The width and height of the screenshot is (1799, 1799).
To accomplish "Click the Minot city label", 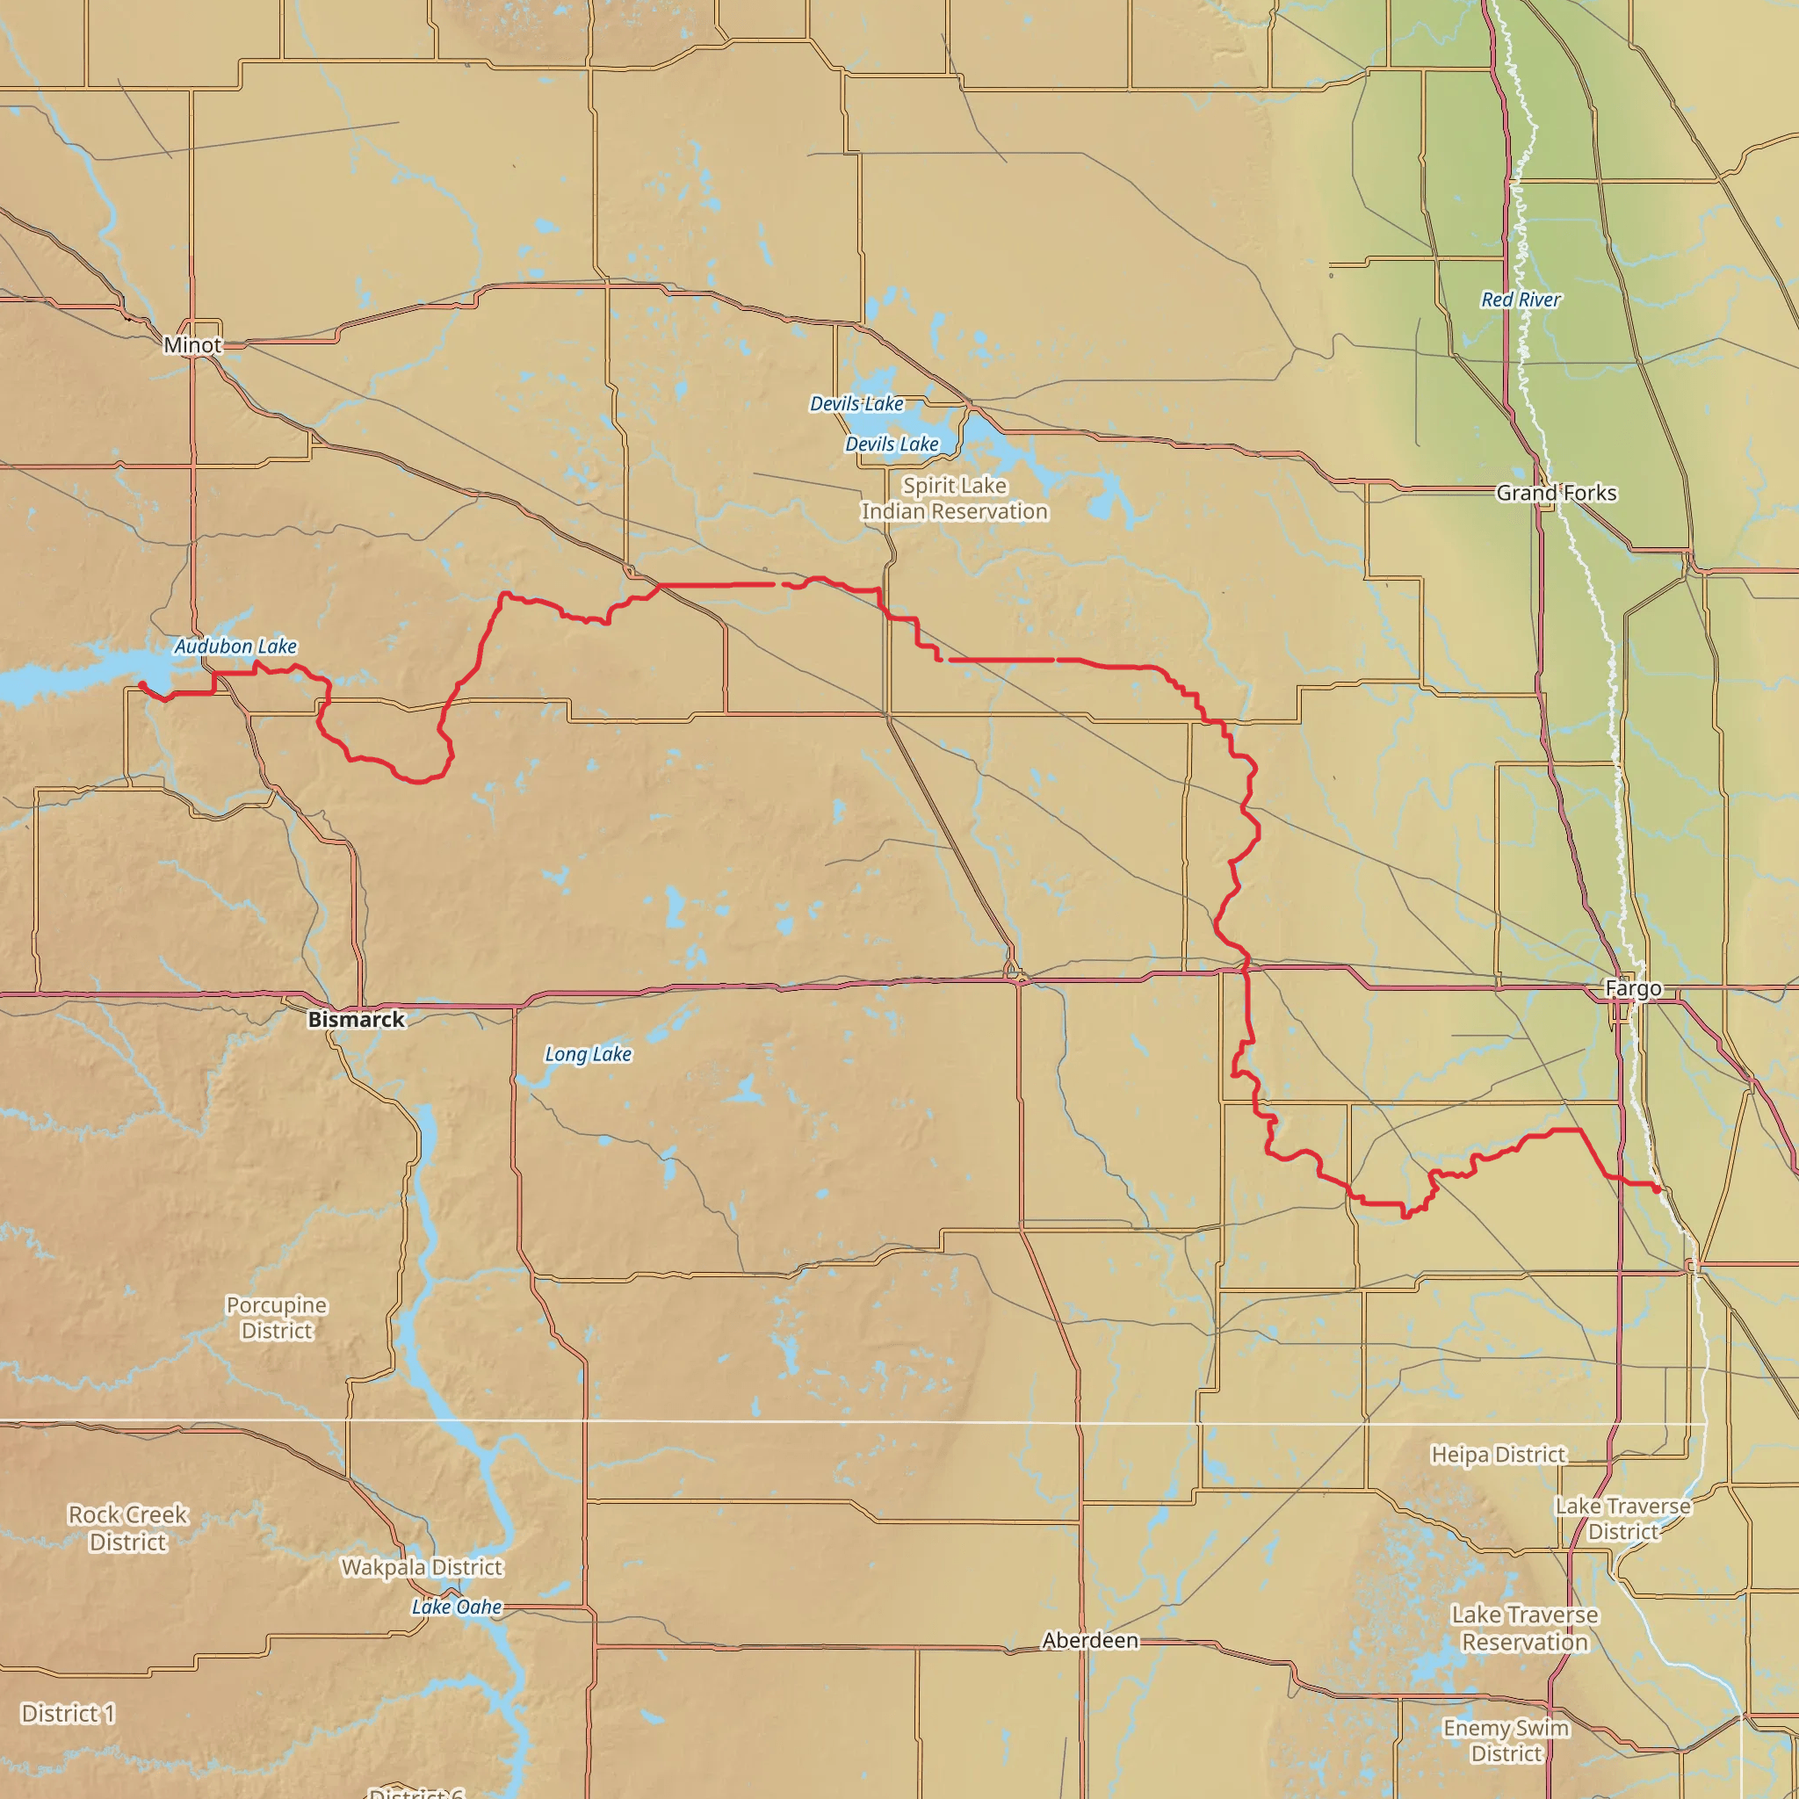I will pyautogui.click(x=192, y=344).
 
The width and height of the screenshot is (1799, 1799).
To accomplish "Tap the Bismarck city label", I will pyautogui.click(x=357, y=1020).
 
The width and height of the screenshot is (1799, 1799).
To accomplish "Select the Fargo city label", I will pyautogui.click(x=1633, y=988).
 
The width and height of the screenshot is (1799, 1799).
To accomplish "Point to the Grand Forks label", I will pyautogui.click(x=1556, y=493).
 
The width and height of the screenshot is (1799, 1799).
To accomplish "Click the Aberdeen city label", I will pyautogui.click(x=1089, y=1640).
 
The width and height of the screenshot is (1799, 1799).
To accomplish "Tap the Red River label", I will pyautogui.click(x=1521, y=300).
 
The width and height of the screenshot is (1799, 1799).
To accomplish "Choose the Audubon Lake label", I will pyautogui.click(x=235, y=647).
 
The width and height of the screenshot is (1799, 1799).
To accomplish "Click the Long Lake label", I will pyautogui.click(x=588, y=1054).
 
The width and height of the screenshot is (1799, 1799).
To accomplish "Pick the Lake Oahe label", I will pyautogui.click(x=456, y=1607).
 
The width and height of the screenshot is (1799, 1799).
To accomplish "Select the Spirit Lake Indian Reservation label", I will pyautogui.click(x=955, y=498).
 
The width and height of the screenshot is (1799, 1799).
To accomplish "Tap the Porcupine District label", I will pyautogui.click(x=277, y=1318).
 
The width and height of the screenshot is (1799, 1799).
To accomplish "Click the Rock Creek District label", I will pyautogui.click(x=128, y=1528).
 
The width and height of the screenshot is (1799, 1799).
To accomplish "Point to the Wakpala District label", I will pyautogui.click(x=422, y=1567).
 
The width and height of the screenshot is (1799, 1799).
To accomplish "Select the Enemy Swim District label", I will pyautogui.click(x=1506, y=1740).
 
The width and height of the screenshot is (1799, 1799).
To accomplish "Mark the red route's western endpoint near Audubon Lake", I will pyautogui.click(x=141, y=684).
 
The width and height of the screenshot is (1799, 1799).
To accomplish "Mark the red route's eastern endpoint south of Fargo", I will pyautogui.click(x=1658, y=1189).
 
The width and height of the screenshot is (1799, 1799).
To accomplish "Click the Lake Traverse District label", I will pyautogui.click(x=1623, y=1519).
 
